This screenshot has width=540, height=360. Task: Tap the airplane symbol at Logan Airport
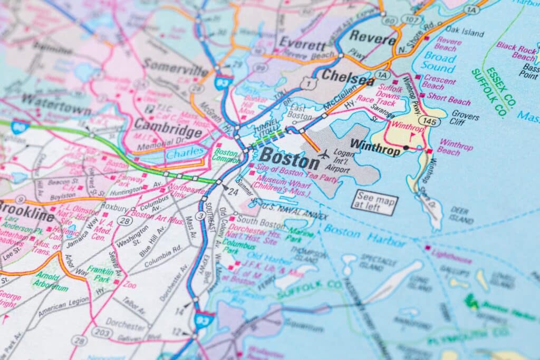point(324,154)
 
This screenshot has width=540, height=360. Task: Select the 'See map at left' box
point(375,202)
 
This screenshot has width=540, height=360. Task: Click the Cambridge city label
point(168,125)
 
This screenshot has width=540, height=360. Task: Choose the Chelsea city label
point(348,76)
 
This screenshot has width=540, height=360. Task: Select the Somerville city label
point(176,69)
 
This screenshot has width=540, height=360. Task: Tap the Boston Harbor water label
point(365,236)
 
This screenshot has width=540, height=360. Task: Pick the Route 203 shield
point(102,332)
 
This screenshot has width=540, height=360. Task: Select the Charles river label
point(185,152)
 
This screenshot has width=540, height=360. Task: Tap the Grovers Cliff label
point(465,116)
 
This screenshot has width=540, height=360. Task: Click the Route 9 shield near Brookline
point(21,199)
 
